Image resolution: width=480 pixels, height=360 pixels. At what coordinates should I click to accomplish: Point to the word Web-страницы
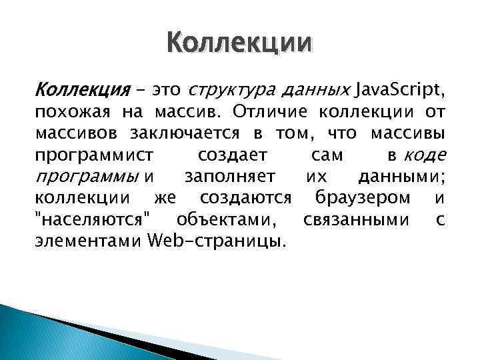coord(216,240)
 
